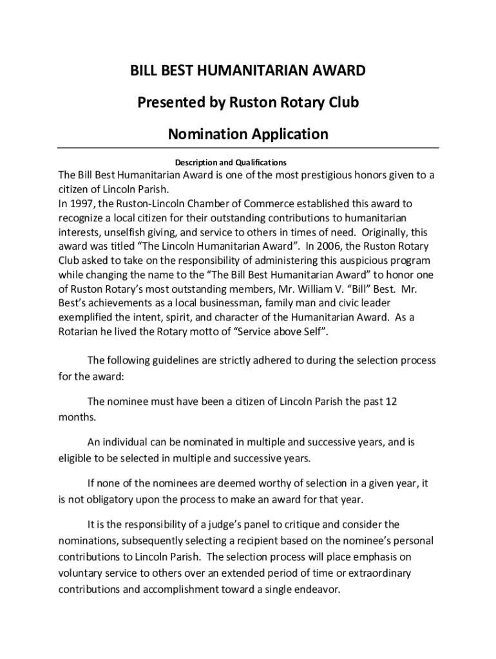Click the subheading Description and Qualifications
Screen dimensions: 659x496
[x=231, y=162]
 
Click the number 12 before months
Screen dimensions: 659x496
[x=390, y=402]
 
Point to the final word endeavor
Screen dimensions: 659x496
[x=316, y=589]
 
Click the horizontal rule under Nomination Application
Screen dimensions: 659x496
[x=248, y=149]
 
